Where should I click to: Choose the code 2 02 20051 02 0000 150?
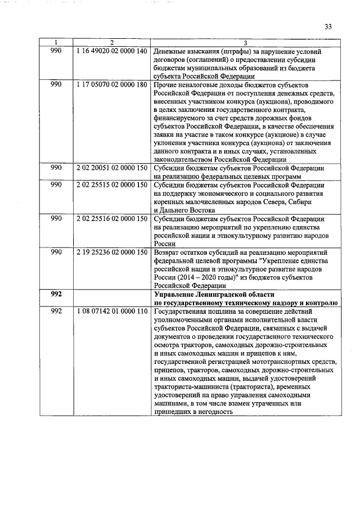click(x=111, y=168)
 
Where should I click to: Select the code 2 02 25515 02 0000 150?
click(x=111, y=185)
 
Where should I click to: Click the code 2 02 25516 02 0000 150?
click(x=111, y=218)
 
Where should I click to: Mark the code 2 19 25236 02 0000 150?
click(x=111, y=252)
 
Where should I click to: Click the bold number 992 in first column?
click(x=56, y=294)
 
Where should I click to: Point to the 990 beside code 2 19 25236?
click(x=56, y=252)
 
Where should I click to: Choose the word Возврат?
click(x=168, y=252)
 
